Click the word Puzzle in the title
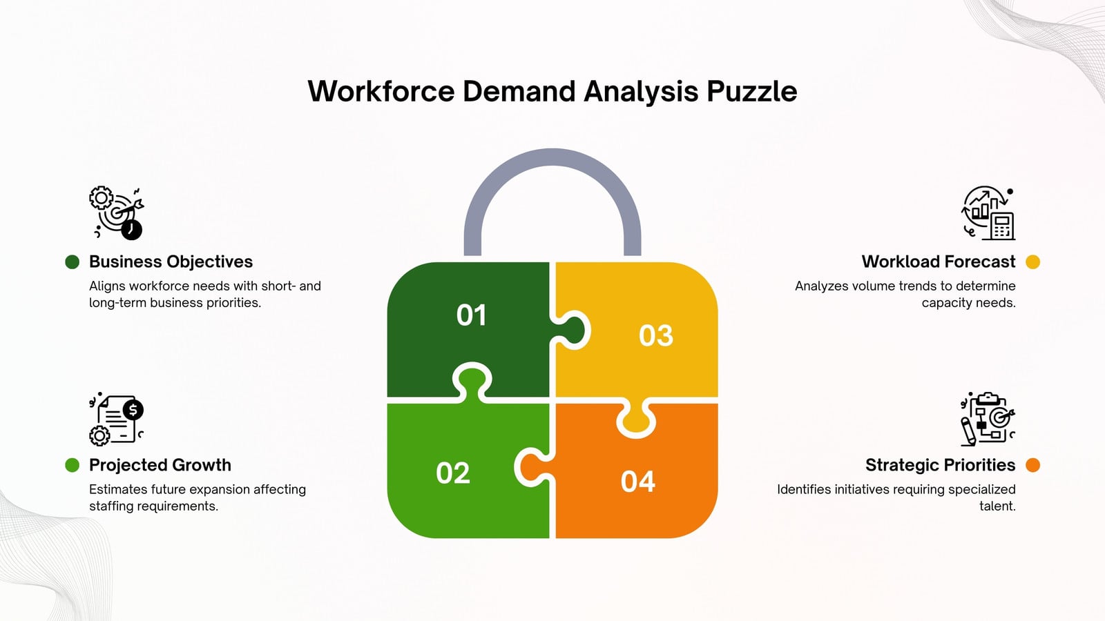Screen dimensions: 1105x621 752,92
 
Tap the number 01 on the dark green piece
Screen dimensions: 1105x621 472,315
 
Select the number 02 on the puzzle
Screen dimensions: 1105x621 453,473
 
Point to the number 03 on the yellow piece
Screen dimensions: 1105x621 655,335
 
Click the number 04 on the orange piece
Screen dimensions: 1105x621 638,482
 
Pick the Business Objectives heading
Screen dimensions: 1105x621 171,262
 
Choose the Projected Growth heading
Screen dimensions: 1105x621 160,465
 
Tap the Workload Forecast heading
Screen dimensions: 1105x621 939,262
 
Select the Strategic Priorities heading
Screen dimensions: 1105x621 940,465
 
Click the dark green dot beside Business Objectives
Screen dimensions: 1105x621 72,262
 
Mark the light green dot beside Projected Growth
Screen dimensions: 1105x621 72,465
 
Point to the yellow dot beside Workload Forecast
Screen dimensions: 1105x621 1032,262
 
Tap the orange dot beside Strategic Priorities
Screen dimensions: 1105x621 1032,465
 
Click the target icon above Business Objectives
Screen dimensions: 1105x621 117,213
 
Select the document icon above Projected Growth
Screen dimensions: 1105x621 117,419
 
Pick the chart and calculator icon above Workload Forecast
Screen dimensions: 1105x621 988,213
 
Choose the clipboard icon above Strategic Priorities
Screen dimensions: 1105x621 988,419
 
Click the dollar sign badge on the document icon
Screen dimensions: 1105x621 133,410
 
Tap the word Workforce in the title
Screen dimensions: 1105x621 381,92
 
